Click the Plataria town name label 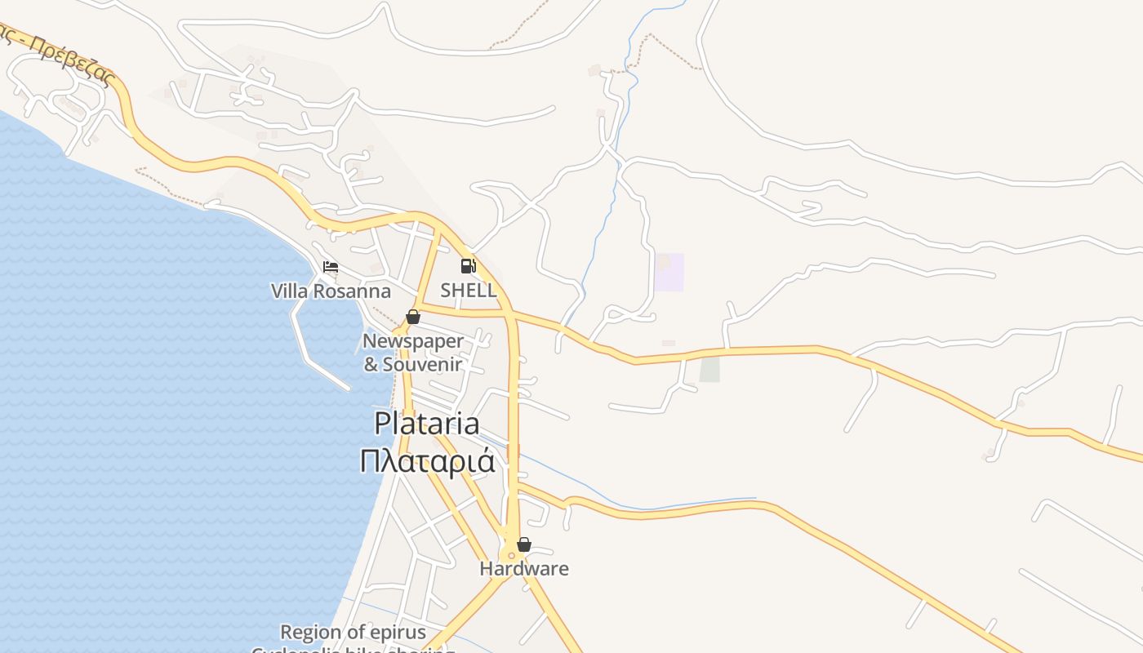[427, 423]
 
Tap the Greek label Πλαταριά [427, 461]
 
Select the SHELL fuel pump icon [468, 266]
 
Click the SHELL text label [468, 290]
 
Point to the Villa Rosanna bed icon [331, 267]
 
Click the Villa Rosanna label [331, 291]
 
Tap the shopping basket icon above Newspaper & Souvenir [413, 317]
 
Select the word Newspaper [412, 341]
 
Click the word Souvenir [422, 364]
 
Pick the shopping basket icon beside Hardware [524, 544]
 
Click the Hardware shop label [524, 568]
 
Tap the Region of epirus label [353, 632]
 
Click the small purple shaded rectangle [669, 272]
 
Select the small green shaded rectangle [710, 369]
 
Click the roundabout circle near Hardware [512, 556]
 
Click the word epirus [398, 632]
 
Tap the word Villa [289, 291]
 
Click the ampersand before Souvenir [371, 364]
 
